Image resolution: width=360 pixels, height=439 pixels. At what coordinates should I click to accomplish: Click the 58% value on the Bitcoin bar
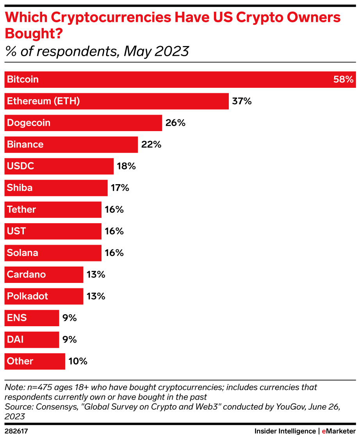coord(343,80)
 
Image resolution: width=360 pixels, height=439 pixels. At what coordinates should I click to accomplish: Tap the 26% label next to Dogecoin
coord(175,123)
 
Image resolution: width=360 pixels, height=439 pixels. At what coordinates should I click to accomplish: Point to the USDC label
coord(21,166)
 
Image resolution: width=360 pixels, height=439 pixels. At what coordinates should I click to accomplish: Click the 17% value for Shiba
coord(120,188)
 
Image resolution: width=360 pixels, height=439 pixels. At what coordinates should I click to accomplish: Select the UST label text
coord(16,231)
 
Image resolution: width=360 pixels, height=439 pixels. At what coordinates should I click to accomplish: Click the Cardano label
coord(26,275)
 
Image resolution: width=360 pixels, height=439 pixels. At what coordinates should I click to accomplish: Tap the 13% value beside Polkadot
coord(96,296)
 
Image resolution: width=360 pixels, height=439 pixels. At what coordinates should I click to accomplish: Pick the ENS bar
coord(31,318)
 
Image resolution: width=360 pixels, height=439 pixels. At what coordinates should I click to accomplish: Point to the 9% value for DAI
coord(70,339)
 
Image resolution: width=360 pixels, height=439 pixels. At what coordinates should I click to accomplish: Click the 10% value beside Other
coord(78,361)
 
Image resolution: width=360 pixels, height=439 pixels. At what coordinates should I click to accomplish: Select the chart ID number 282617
coord(16,431)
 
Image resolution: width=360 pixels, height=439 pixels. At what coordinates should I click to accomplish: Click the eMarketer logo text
coord(339,431)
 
